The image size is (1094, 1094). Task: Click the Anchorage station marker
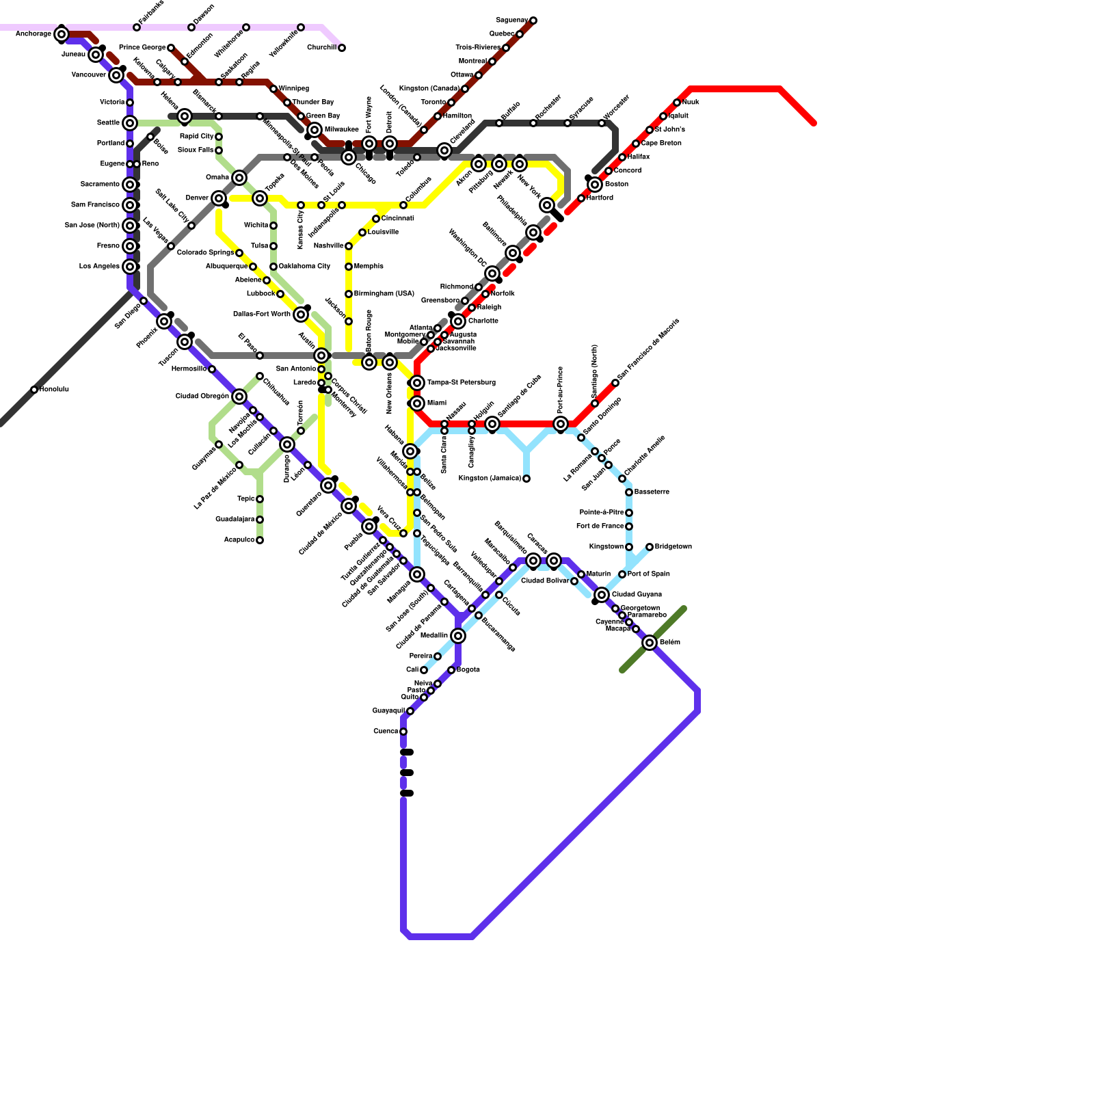click(62, 34)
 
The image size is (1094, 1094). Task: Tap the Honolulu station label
click(54, 390)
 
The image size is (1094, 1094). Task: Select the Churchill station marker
click(342, 48)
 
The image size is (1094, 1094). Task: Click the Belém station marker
click(650, 643)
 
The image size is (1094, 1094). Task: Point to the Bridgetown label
click(673, 547)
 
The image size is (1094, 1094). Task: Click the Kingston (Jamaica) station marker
click(526, 479)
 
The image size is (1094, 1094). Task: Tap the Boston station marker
click(595, 185)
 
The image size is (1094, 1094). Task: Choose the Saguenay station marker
click(533, 21)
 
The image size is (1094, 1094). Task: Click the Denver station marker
click(219, 198)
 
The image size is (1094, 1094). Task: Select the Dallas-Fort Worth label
click(262, 315)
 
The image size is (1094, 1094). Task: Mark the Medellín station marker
click(458, 636)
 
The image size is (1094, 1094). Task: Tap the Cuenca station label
click(386, 732)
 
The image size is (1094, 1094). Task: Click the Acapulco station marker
click(260, 540)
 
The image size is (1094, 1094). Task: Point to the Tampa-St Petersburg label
click(462, 383)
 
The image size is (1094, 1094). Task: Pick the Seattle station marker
click(130, 123)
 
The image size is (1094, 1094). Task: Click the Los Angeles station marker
click(130, 267)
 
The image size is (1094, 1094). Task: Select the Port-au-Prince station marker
click(561, 424)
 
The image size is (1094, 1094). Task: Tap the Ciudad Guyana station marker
click(602, 595)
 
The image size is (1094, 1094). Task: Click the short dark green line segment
click(653, 639)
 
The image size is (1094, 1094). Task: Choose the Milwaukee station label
click(342, 130)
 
